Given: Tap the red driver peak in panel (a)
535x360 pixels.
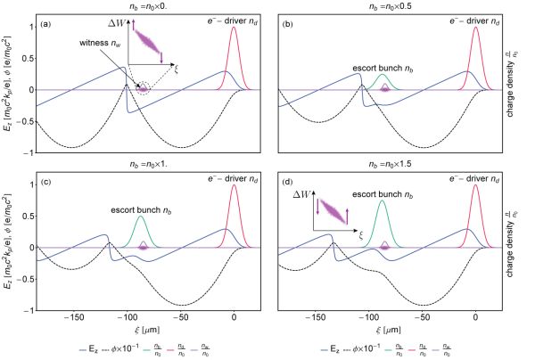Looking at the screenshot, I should [x=235, y=29].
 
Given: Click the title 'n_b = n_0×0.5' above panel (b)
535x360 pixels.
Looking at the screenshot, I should [x=380, y=7].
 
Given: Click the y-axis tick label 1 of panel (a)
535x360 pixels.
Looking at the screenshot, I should [x=30, y=27].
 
